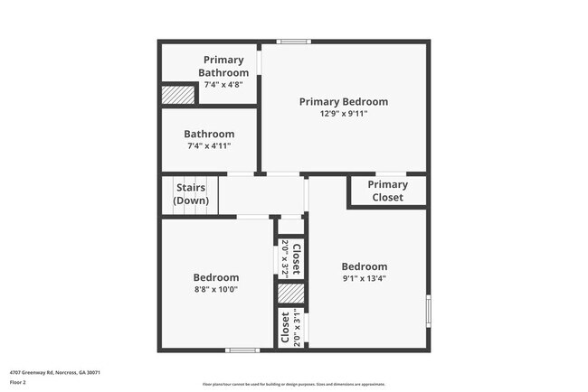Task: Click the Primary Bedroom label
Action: point(344,102)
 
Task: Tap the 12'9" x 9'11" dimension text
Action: point(344,114)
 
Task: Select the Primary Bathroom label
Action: point(223,66)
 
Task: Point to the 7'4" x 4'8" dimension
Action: point(223,84)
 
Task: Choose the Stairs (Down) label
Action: point(191,194)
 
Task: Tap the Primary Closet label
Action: point(387,191)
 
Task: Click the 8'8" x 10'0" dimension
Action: point(216,289)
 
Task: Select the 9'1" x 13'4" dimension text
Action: point(364,278)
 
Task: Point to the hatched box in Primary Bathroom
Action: point(178,94)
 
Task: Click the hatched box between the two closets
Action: point(290,294)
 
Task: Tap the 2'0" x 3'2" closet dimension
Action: point(285,258)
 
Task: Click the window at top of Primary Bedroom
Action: point(292,41)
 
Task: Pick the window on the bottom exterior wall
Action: point(242,350)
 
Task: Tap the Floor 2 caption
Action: point(19,382)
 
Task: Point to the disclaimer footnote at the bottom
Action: point(293,384)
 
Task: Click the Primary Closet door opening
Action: point(387,173)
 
